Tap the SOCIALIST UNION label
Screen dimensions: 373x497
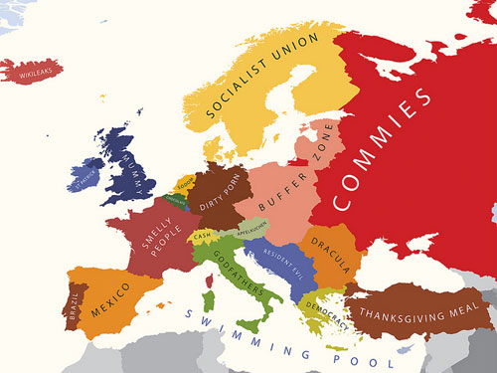[260, 76]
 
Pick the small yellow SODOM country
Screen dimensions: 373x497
[184, 184]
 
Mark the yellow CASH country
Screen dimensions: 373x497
[202, 236]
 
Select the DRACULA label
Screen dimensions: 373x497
[329, 255]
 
